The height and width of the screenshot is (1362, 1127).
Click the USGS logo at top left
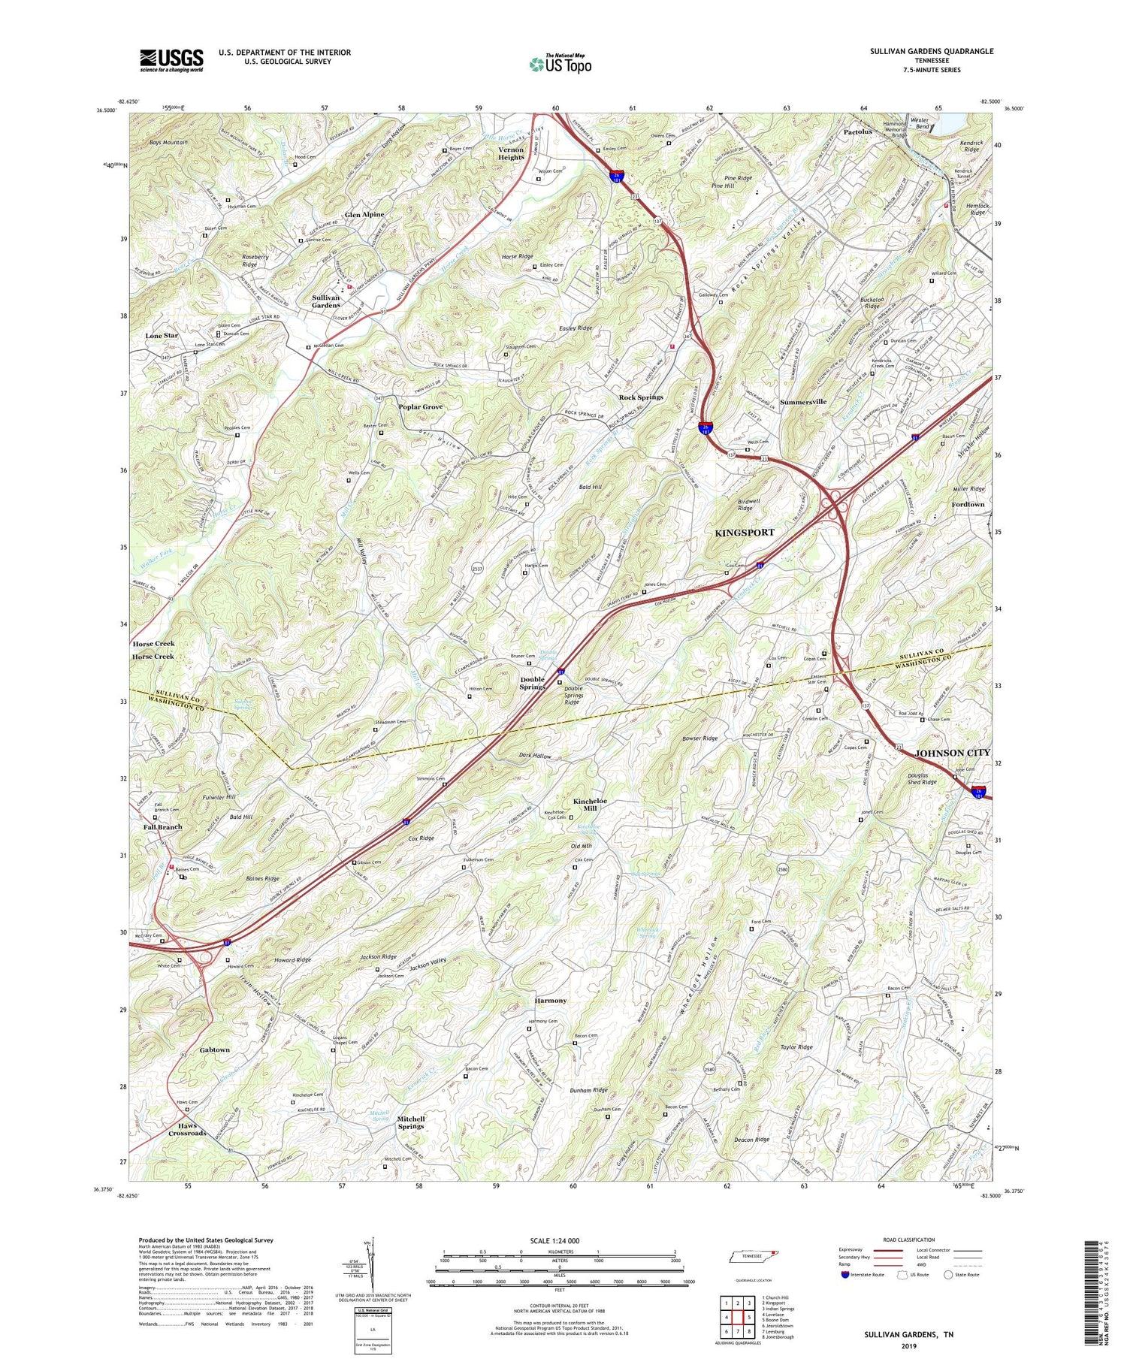171,60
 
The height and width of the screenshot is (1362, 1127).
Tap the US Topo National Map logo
560,64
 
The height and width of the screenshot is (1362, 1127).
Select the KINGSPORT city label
744,533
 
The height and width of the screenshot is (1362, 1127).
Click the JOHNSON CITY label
952,752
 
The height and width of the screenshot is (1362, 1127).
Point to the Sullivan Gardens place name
326,301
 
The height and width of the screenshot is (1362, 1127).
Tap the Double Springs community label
533,683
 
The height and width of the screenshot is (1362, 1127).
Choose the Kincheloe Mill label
595,805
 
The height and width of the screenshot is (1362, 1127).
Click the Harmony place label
550,1001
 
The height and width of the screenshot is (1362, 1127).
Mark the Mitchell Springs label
410,1122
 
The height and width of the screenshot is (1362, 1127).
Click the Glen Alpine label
364,214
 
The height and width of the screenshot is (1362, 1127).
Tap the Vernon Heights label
511,153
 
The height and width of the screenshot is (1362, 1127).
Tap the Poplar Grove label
421,406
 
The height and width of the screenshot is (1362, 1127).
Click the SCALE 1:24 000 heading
559,1240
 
